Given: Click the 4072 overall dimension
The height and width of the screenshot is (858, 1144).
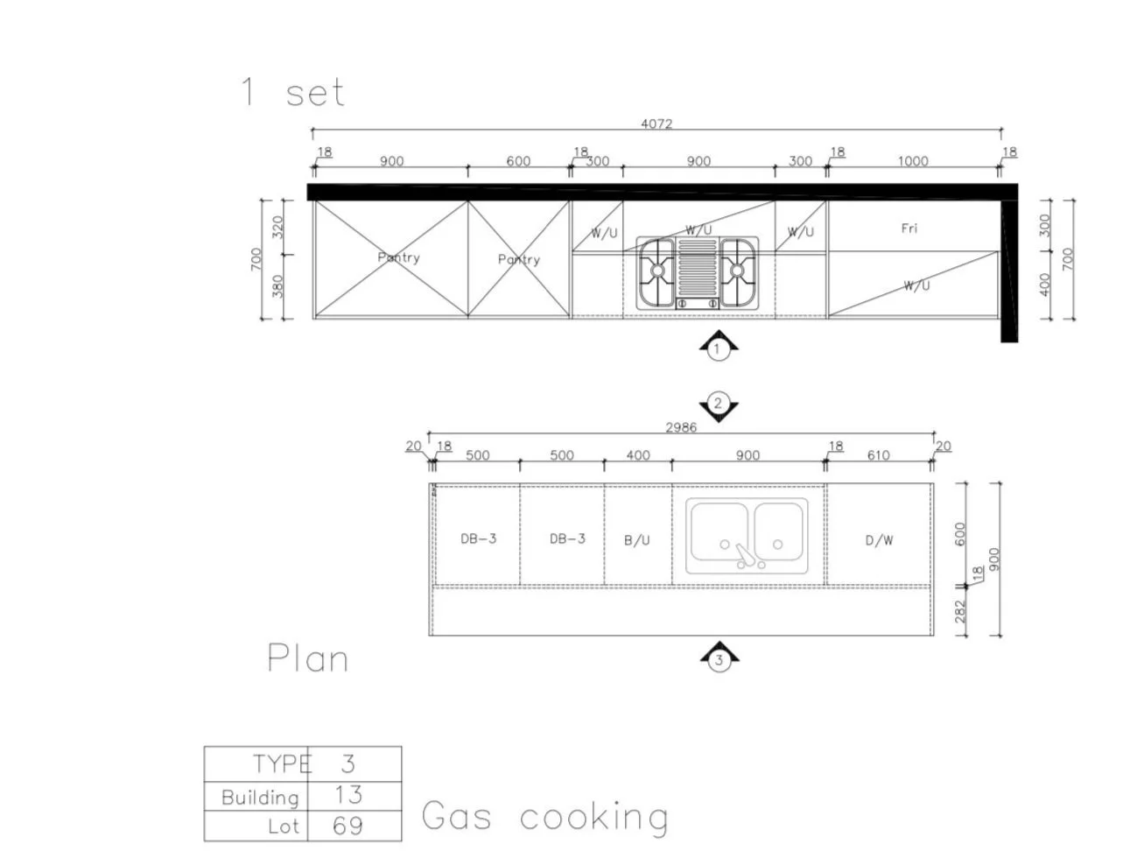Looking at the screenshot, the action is click(656, 123).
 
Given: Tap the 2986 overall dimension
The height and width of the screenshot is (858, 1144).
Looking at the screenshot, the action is click(681, 427).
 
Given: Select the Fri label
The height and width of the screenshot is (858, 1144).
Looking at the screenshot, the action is click(909, 229).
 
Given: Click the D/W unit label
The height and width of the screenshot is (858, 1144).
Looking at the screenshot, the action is click(879, 540).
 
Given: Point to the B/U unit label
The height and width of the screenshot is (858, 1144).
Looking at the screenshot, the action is click(637, 540).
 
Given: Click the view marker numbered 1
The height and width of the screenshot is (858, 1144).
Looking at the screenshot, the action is click(718, 349).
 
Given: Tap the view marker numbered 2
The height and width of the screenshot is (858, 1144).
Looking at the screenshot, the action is click(718, 404).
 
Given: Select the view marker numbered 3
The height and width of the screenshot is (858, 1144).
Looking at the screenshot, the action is click(719, 659).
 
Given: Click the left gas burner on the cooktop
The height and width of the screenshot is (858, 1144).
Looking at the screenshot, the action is click(658, 271).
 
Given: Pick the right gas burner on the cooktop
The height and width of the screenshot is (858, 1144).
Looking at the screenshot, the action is click(738, 271).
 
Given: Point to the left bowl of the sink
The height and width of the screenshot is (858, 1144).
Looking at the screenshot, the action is click(719, 531).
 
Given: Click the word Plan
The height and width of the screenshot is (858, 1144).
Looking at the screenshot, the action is click(307, 658).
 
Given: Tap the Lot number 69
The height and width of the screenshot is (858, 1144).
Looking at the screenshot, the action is click(347, 826).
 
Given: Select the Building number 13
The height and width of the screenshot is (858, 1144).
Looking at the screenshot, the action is click(347, 795).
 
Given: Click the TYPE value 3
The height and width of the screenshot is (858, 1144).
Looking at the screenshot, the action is click(347, 763).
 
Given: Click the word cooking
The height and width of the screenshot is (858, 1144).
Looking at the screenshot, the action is click(594, 817).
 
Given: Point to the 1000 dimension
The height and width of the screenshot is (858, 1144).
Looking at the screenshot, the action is click(912, 161).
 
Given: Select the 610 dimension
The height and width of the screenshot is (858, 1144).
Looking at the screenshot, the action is click(878, 455).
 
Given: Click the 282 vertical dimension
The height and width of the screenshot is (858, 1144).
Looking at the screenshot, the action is click(960, 611).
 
